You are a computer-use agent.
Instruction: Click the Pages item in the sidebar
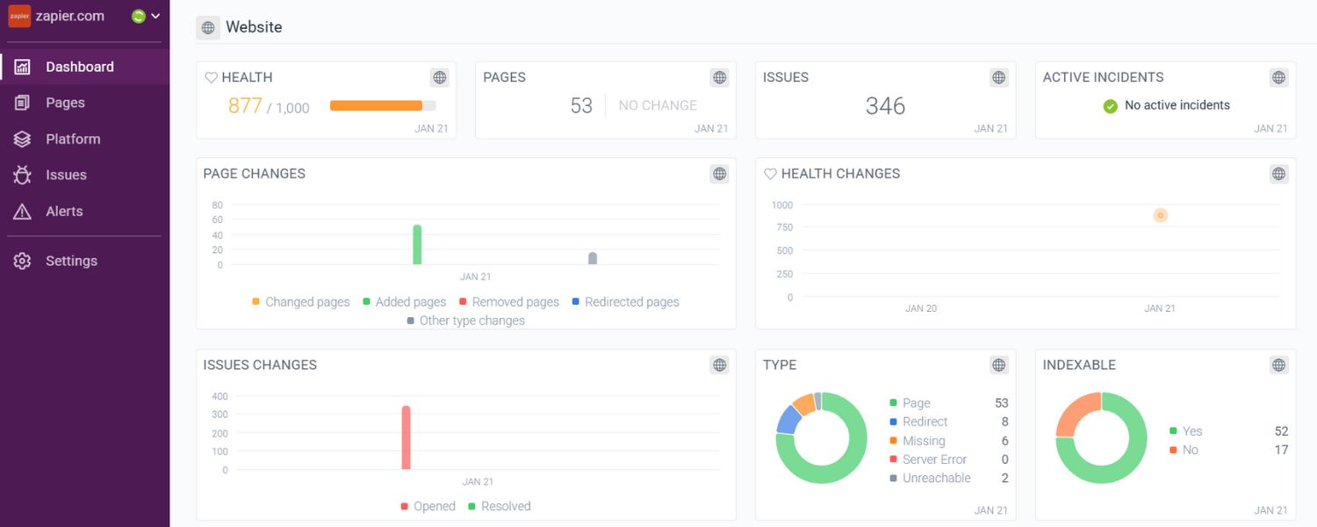(65, 103)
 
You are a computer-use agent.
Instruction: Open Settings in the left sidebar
(71, 261)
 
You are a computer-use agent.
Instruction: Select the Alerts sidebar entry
(64, 212)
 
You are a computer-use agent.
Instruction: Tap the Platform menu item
(73, 139)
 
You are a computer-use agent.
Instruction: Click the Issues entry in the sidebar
(66, 175)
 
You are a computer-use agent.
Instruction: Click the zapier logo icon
(19, 16)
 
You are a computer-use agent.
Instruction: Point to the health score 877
(245, 105)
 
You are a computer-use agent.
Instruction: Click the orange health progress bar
(376, 105)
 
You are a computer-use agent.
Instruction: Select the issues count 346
(885, 106)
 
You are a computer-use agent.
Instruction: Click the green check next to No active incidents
(1110, 106)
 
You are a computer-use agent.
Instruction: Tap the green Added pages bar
(417, 244)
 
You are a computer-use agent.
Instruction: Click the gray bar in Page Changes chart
(593, 258)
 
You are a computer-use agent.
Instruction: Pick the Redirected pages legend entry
(631, 302)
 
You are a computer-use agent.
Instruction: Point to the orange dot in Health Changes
(1160, 215)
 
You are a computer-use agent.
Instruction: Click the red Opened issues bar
(406, 437)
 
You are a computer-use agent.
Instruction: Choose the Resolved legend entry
(505, 507)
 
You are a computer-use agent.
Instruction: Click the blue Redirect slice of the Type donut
(788, 419)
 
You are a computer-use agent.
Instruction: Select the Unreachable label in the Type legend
(936, 479)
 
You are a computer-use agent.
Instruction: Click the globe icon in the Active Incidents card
(1278, 77)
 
